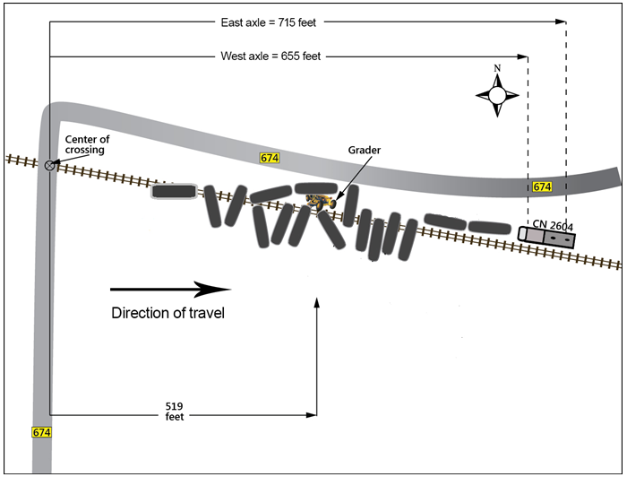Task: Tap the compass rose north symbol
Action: click(497, 93)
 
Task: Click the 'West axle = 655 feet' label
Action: click(271, 56)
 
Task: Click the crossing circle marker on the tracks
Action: click(50, 164)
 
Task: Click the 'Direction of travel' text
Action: click(167, 313)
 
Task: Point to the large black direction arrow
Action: click(170, 289)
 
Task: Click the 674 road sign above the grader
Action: click(270, 158)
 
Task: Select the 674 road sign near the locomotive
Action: click(541, 186)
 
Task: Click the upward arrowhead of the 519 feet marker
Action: click(317, 302)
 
